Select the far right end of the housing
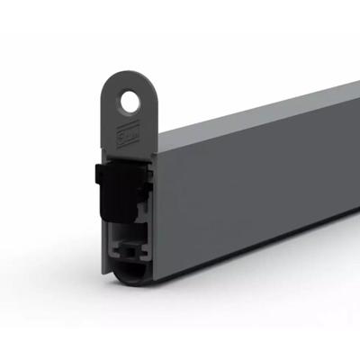tap(355, 144)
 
